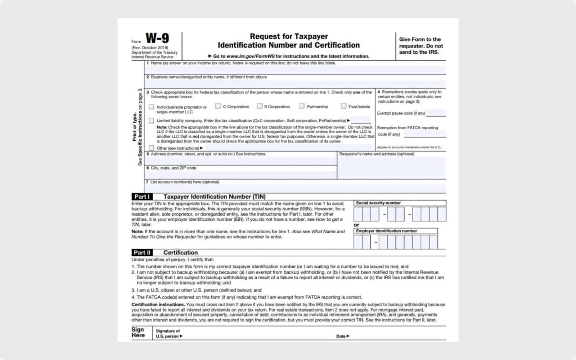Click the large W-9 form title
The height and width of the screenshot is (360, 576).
pos(157,38)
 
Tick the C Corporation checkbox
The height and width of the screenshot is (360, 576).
pos(218,106)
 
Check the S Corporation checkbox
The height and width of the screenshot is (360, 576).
pos(260,106)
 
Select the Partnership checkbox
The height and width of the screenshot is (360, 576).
pos(302,106)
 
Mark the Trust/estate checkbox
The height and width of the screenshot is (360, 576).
pos(343,106)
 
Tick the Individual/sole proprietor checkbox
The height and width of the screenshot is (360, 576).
pos(152,107)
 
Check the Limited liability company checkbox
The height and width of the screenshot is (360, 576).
pos(152,121)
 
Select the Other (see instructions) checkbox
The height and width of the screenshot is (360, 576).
pos(152,148)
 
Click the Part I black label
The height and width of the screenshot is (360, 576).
pos(142,197)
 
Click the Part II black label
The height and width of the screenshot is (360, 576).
pos(142,253)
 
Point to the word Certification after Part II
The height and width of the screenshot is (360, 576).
pos(180,253)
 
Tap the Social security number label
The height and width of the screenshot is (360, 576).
pos(378,203)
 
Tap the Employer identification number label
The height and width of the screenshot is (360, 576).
pos(386,231)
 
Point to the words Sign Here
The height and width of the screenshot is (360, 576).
pos(138,332)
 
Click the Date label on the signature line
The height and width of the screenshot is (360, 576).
pos(341,336)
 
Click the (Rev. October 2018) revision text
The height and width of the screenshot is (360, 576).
pos(150,48)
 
